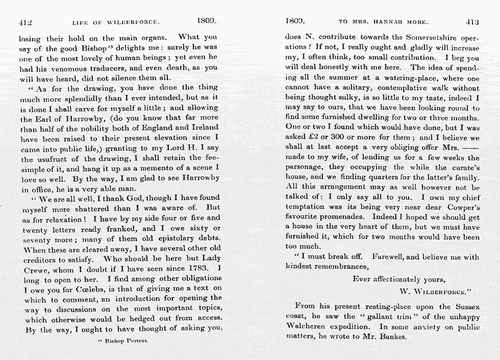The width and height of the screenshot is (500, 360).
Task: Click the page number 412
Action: pyautogui.click(x=26, y=22)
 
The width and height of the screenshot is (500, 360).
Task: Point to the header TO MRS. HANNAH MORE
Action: pyautogui.click(x=383, y=22)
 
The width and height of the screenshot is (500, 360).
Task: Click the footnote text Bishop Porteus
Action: pyautogui.click(x=127, y=341)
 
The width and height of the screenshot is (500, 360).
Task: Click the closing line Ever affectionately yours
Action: pyautogui.click(x=398, y=279)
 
